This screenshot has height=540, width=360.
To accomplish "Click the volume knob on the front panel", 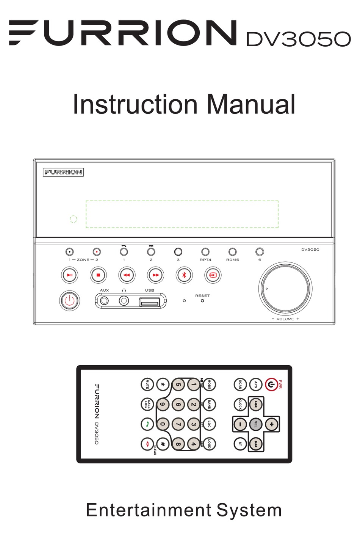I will tap(285, 288).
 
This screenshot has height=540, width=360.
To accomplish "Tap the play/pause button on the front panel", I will tap(70, 275).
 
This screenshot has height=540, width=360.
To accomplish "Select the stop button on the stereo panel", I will tap(98, 275).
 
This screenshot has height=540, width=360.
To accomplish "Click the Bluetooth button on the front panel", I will tap(184, 275).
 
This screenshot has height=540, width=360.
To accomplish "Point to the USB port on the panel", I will tap(149, 302).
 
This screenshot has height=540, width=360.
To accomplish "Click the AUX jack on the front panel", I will tap(104, 301).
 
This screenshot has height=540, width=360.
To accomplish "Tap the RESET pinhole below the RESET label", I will tap(202, 301).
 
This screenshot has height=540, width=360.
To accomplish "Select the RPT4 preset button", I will tap(205, 252).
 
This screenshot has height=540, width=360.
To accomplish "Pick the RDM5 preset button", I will tap(232, 252).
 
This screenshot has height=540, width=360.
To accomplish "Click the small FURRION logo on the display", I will tap(63, 172).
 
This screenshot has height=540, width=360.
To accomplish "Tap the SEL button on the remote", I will tap(256, 424).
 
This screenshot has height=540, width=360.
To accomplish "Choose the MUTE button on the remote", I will tap(147, 385).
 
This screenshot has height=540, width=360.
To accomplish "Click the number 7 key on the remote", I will tap(178, 424).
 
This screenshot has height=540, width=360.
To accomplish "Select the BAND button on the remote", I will tap(209, 404).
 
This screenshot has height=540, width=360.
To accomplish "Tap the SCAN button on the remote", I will tap(240, 385).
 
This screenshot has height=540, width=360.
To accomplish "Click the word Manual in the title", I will tap(251, 105).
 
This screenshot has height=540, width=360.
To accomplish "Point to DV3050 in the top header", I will tap(298, 39).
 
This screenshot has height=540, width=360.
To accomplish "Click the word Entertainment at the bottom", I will tap(149, 510).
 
